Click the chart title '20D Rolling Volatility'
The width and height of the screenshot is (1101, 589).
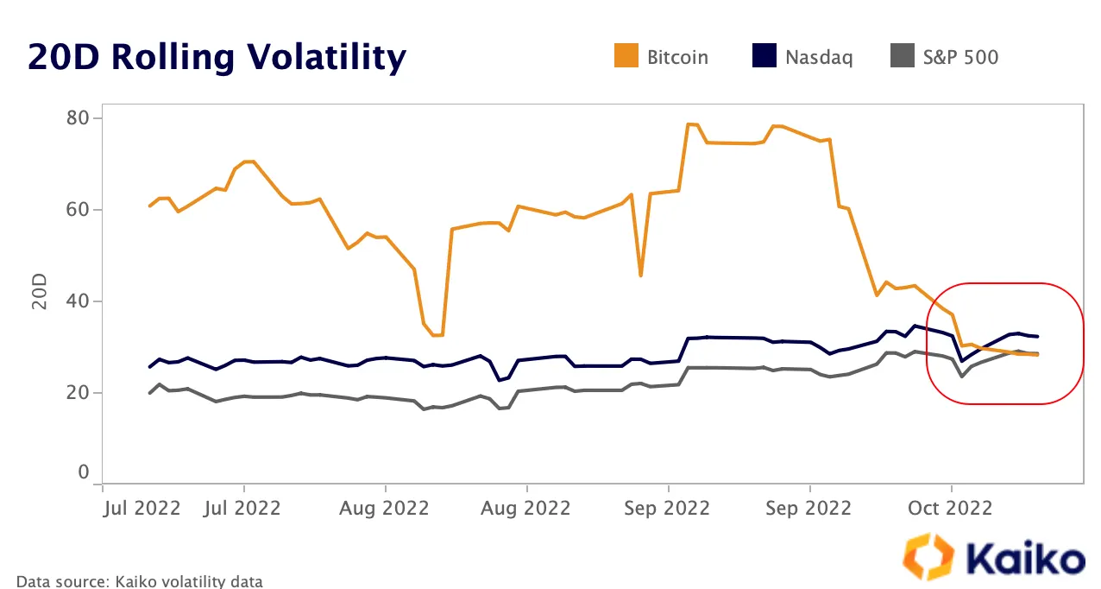click(217, 57)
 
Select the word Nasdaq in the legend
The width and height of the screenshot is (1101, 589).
click(819, 58)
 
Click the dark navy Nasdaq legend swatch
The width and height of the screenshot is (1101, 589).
click(763, 57)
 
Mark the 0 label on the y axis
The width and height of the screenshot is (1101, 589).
click(84, 472)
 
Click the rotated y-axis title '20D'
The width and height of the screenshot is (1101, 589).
click(40, 293)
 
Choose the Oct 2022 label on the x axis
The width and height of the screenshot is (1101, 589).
click(951, 508)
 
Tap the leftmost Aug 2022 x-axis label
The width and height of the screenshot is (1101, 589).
click(385, 508)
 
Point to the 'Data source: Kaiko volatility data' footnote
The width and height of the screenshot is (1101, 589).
click(139, 581)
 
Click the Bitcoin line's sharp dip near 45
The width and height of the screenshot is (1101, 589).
click(640, 275)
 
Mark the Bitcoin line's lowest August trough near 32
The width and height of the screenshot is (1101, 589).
click(437, 335)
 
